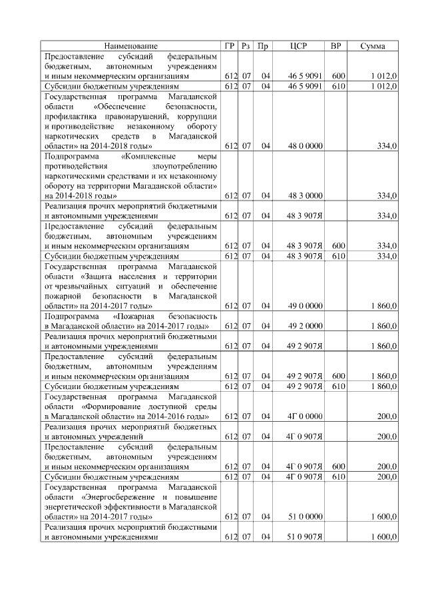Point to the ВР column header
[x=337, y=46]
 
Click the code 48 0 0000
[x=306, y=145]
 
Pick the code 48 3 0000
[x=306, y=195]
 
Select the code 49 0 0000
[x=306, y=306]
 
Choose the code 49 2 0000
[x=306, y=326]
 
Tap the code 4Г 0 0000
[x=305, y=416]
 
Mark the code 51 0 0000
[x=306, y=516]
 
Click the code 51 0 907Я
[x=306, y=537]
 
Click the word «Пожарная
[x=134, y=316]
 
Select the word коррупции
[x=199, y=116]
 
